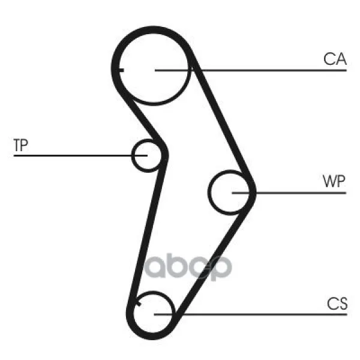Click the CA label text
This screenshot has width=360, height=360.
[x=335, y=59]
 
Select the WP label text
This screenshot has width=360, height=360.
[x=334, y=181]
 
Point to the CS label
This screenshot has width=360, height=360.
[x=337, y=304]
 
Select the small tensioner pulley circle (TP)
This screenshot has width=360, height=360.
[x=146, y=155]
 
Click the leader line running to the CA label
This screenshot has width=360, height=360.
[x=270, y=71]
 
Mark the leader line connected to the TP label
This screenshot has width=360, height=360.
[x=72, y=156]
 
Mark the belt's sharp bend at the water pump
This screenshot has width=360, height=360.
[x=253, y=192]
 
